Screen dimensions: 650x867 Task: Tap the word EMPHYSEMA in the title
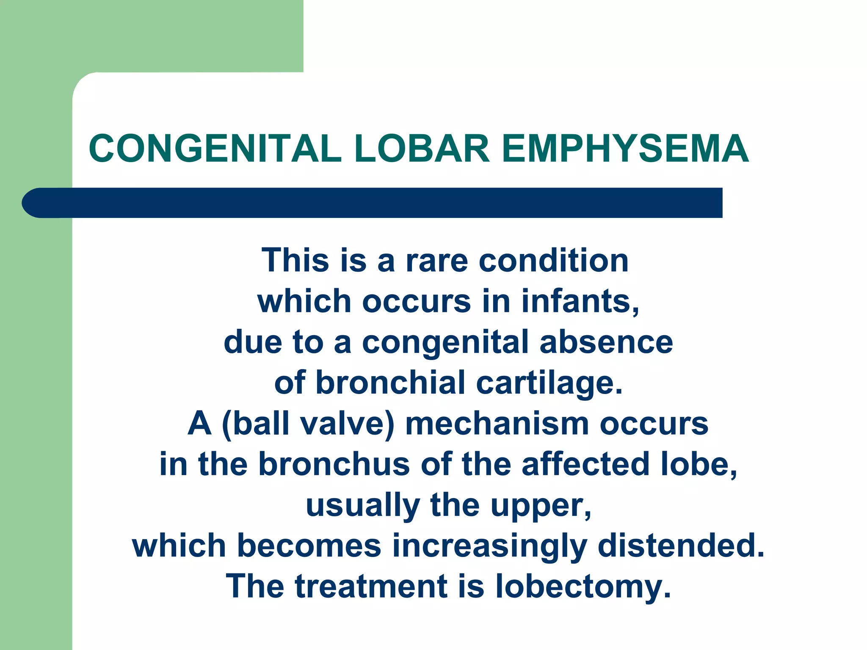coord(625,149)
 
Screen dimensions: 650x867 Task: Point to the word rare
coord(436,261)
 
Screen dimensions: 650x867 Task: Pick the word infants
coord(580,301)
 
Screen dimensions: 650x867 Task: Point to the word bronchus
coord(334,464)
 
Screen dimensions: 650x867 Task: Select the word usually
coord(362,506)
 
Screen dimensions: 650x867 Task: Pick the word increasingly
coord(489,546)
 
